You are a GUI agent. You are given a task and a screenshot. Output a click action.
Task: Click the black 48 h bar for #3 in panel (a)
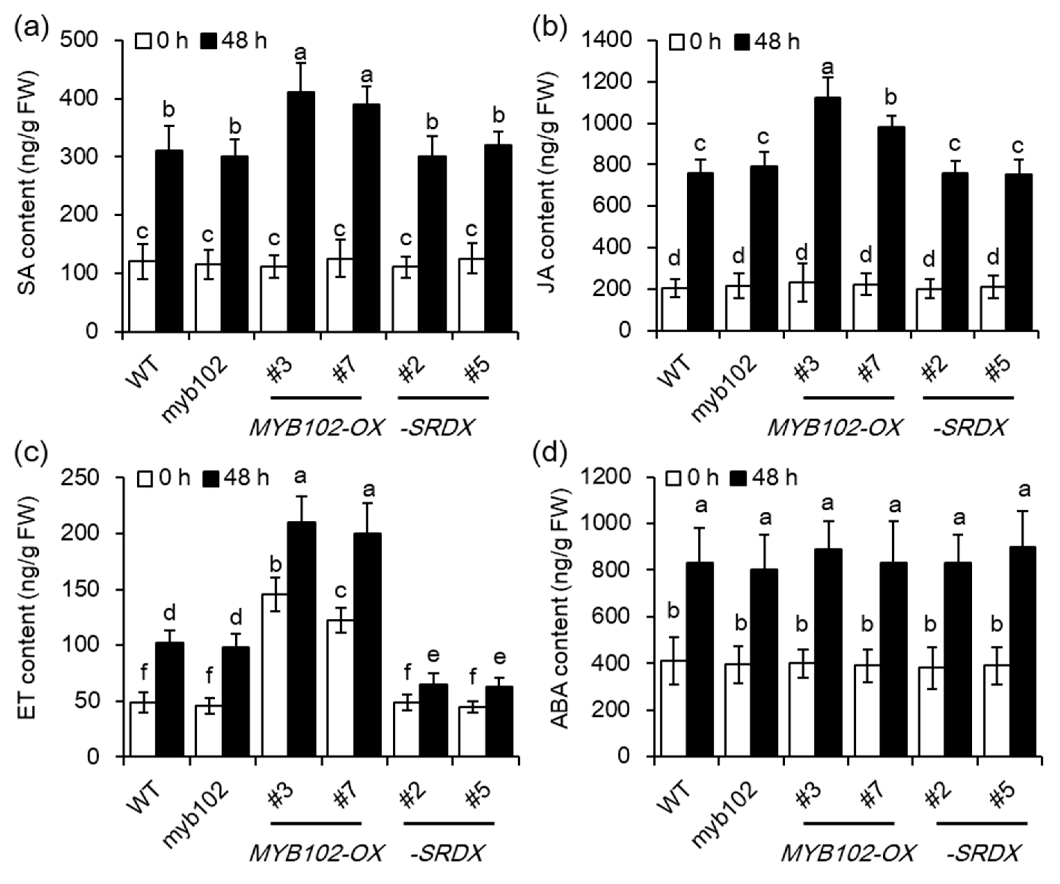[301, 212]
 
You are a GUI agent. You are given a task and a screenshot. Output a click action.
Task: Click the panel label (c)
[31, 452]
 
